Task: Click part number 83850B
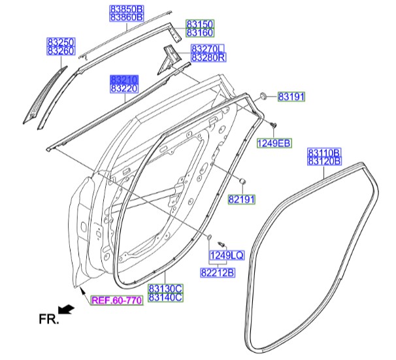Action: point(127,9)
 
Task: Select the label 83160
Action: point(200,33)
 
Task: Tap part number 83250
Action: point(61,42)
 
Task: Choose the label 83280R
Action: point(208,57)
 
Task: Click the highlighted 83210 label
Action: point(124,80)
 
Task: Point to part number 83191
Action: point(291,97)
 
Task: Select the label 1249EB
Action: point(274,143)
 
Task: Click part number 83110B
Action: point(325,152)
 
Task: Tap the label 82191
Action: point(242,199)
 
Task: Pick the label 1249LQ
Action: point(227,255)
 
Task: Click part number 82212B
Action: point(218,272)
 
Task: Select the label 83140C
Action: point(165,297)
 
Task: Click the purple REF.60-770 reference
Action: point(117,301)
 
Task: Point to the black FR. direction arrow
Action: point(66,310)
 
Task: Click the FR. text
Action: point(49,319)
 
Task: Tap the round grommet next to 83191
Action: point(263,96)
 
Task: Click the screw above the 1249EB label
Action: point(273,124)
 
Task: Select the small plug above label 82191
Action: point(242,180)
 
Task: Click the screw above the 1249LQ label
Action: point(221,244)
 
